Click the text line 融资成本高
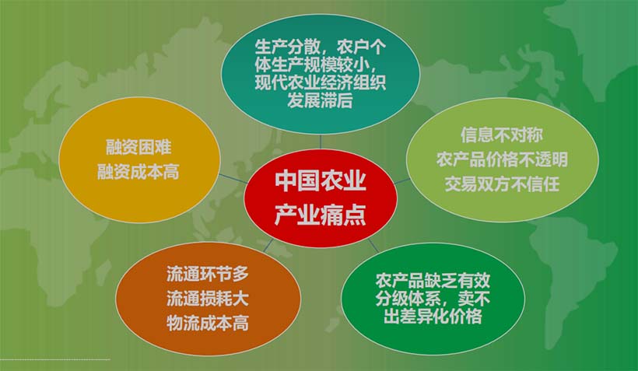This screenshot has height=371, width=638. pyautogui.click(x=138, y=172)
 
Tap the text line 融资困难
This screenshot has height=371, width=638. pyautogui.click(x=138, y=147)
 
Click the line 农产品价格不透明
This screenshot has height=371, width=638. pyautogui.click(x=502, y=159)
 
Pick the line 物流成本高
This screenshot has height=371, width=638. pyautogui.click(x=207, y=323)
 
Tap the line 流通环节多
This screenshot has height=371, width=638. pyautogui.click(x=207, y=274)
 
